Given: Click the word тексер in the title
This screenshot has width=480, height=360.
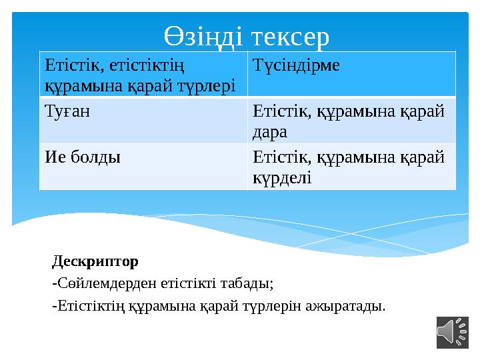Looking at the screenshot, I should [289, 37].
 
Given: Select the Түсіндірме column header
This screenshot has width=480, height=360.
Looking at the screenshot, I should [296, 65].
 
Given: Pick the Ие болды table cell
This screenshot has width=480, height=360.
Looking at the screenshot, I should [83, 158].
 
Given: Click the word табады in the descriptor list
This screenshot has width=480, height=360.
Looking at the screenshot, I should [249, 283].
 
